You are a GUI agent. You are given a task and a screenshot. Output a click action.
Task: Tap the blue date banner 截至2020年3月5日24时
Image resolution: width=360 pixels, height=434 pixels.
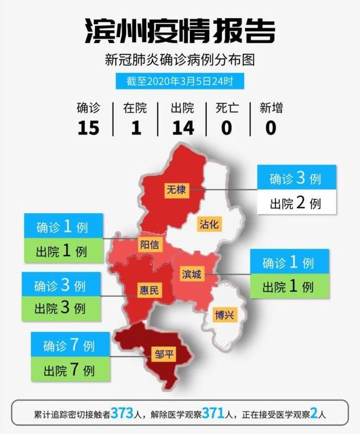click(x=179, y=81)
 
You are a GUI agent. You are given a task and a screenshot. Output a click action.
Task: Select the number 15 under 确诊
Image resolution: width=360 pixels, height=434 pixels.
click(x=88, y=127)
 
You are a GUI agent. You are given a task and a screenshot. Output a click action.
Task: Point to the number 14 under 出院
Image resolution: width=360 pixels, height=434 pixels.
click(x=183, y=127)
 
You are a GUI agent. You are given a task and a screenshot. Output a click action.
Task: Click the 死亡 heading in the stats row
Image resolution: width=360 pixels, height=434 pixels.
click(x=226, y=108)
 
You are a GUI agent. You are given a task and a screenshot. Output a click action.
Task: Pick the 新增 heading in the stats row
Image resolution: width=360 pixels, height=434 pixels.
click(x=271, y=108)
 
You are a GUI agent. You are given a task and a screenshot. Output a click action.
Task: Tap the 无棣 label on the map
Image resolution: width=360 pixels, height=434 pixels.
click(x=175, y=189)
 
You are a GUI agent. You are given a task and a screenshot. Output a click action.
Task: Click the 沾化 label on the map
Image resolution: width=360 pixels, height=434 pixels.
click(x=209, y=224)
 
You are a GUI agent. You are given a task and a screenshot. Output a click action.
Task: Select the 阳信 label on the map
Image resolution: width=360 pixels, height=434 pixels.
click(x=150, y=245)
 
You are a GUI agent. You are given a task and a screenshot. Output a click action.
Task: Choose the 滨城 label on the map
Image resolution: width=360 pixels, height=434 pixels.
click(x=192, y=274)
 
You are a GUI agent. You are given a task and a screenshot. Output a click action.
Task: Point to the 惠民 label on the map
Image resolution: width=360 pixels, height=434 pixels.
click(x=150, y=290)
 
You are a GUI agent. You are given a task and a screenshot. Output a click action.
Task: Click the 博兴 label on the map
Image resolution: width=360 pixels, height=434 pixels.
click(x=225, y=314)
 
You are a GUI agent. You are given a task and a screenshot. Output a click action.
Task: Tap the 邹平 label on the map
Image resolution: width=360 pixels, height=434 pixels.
click(x=164, y=354)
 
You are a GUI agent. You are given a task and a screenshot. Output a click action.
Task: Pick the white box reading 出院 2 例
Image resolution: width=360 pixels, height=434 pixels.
click(x=296, y=202)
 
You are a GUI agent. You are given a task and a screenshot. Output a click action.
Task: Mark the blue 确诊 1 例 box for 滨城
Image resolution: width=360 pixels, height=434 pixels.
click(x=289, y=262)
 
